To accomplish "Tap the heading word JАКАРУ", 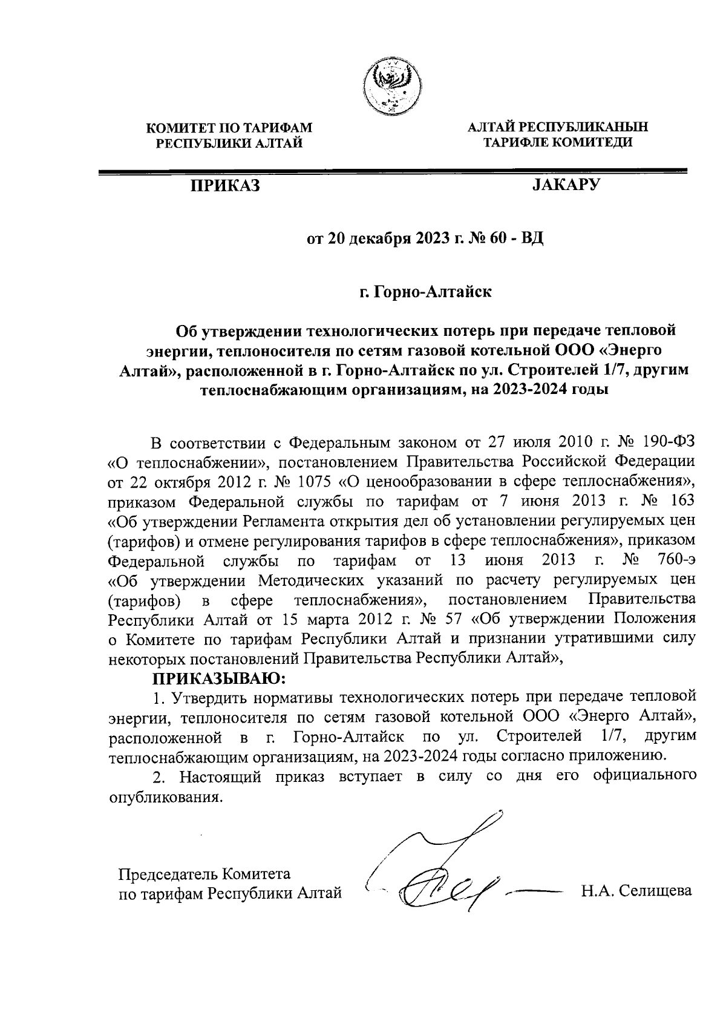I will tap(565, 184).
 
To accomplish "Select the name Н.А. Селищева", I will tap(636, 891).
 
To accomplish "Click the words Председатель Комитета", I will tap(204, 874).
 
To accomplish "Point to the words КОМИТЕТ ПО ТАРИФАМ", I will tap(229, 128).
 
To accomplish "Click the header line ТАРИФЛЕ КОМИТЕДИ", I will tap(558, 143).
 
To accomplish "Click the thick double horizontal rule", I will tap(393, 172).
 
